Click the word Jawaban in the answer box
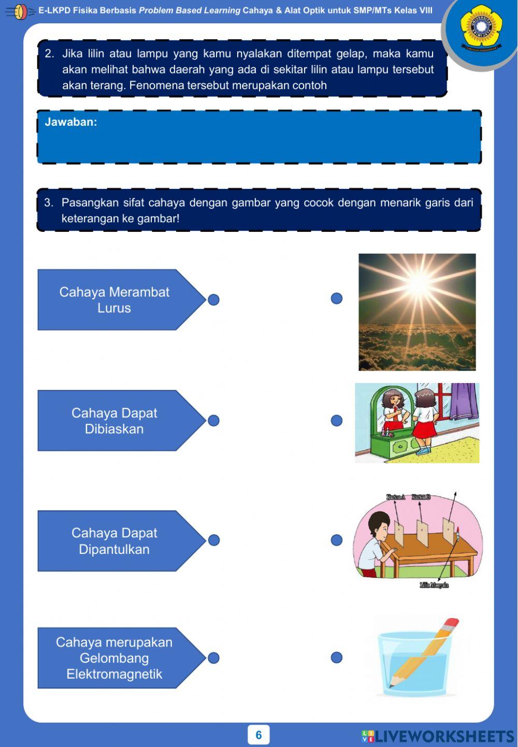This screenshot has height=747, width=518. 70,122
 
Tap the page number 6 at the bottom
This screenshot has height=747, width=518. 258,735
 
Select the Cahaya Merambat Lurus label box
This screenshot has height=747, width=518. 114,300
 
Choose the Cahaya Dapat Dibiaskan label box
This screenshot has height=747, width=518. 114,421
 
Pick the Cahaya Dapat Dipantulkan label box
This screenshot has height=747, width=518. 114,541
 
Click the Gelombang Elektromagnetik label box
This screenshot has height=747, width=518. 114,658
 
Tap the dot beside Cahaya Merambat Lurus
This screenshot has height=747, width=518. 213,300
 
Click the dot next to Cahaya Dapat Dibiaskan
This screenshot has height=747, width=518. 213,420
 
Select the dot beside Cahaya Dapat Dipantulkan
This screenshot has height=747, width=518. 213,540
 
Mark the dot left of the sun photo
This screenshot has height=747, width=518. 337,298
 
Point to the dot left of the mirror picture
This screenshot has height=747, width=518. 337,420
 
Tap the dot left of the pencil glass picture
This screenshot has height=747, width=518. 337,657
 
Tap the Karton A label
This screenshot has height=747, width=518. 396,497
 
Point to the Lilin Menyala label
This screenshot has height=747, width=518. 434,585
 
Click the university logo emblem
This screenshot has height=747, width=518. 481,27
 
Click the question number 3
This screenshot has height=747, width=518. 49,203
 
